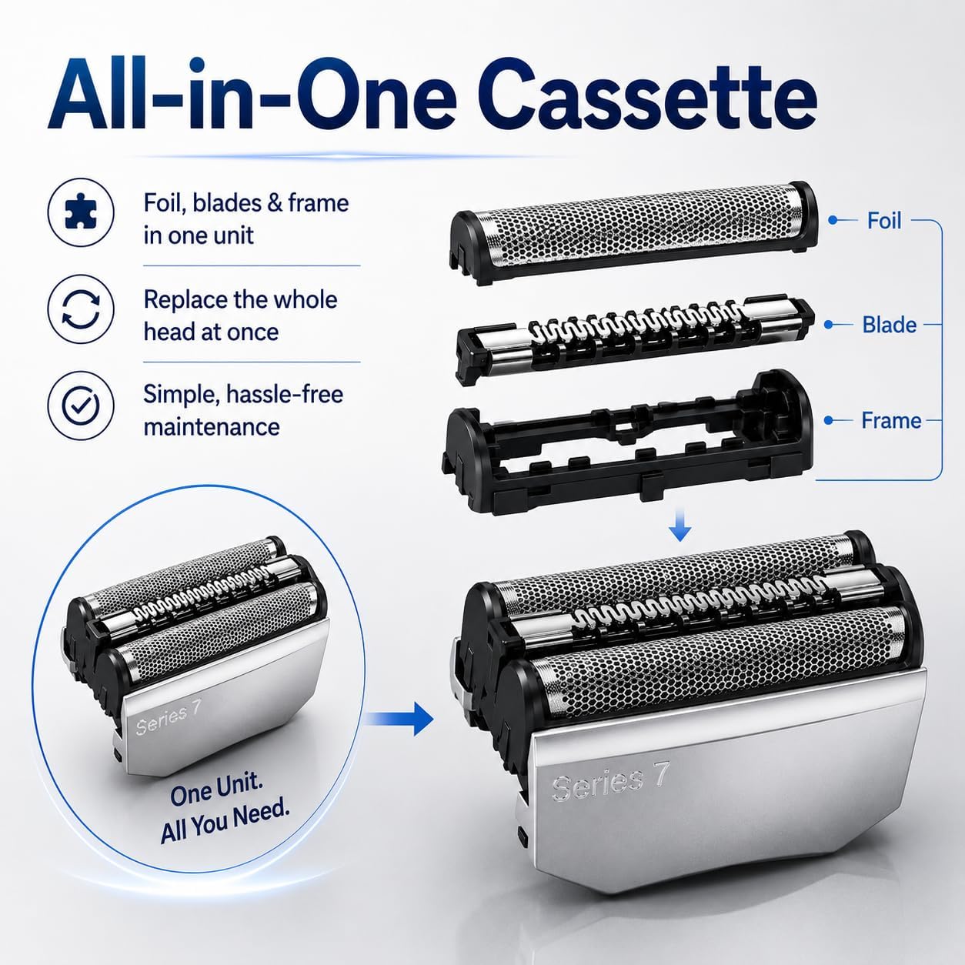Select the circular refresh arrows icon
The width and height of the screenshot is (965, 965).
pos(81,309)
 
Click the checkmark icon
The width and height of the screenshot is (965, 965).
pos(81,405)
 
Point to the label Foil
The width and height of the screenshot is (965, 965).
pos(884,220)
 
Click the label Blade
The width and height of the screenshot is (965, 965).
pos(890,325)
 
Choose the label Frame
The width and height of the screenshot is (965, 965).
pos(891,420)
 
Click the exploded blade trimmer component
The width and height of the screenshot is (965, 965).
pos(635,341)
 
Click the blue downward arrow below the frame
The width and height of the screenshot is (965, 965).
pos(680,524)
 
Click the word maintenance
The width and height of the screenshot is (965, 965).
pos(212,427)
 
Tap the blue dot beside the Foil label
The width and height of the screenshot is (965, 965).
pos(833,220)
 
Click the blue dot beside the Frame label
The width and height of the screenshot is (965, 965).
pos(828,421)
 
